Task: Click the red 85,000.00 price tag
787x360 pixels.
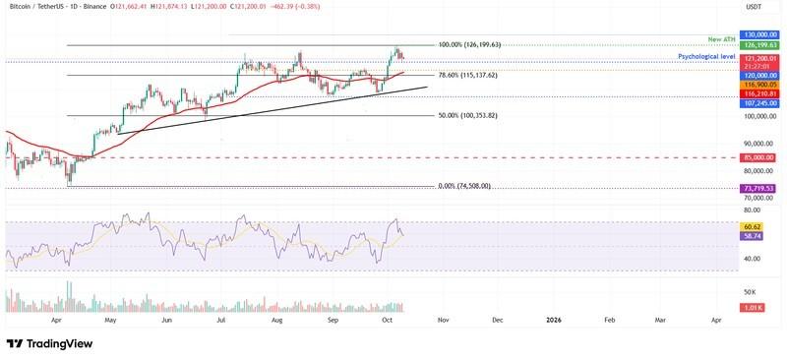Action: [x=757, y=157]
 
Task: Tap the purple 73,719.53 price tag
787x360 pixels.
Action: [x=757, y=188]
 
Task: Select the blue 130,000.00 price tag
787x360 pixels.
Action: [x=757, y=34]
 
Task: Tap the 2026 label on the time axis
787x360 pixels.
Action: [x=554, y=320]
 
